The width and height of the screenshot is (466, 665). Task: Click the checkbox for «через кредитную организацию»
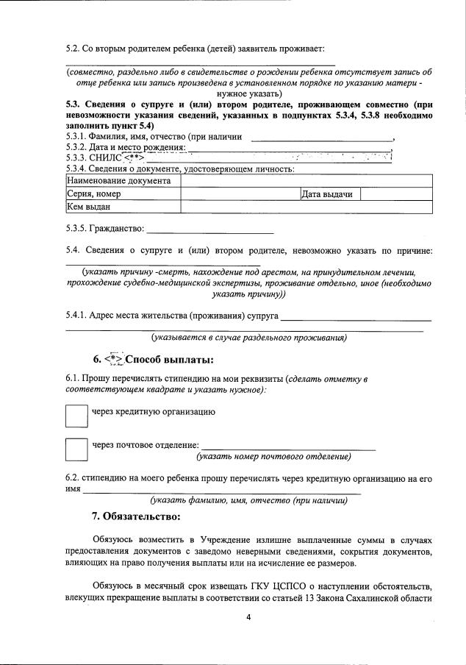pyautogui.click(x=76, y=415)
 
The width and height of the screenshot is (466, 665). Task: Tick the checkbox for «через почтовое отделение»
pyautogui.click(x=76, y=449)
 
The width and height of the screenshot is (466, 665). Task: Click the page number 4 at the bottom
pyautogui.click(x=248, y=616)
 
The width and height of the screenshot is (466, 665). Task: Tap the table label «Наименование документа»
pyautogui.click(x=118, y=180)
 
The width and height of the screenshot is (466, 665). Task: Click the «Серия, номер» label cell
pyautogui.click(x=93, y=194)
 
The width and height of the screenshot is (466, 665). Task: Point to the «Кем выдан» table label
pyautogui.click(x=87, y=207)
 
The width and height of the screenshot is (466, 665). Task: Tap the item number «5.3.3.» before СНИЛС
pyautogui.click(x=76, y=157)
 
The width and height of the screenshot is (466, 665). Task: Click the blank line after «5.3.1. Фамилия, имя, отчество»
pyautogui.click(x=321, y=138)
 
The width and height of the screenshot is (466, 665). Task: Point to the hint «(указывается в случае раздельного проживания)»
pyautogui.click(x=249, y=338)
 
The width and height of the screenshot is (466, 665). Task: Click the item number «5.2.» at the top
pyautogui.click(x=74, y=49)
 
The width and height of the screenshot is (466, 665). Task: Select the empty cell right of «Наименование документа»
pyautogui.click(x=306, y=180)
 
